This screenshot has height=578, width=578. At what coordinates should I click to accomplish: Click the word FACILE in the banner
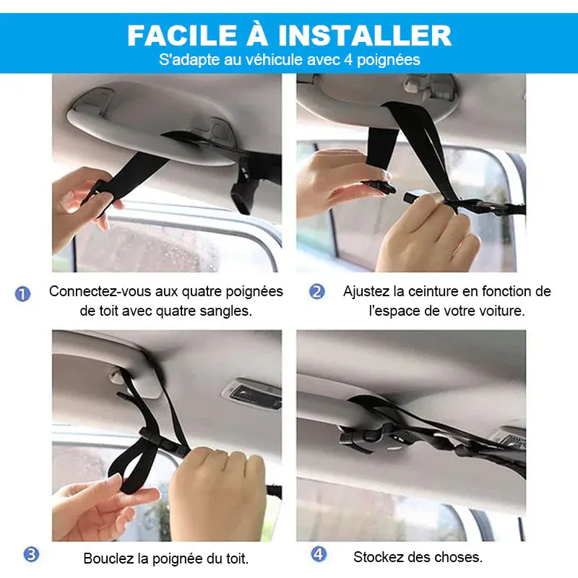[x=182, y=35]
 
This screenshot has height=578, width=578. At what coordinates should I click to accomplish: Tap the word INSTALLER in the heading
[x=365, y=35]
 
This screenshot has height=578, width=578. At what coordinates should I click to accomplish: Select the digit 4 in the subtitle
[x=349, y=60]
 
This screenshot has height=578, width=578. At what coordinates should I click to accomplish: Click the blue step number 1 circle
[x=22, y=294]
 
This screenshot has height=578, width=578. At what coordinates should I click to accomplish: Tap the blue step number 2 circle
[x=317, y=292]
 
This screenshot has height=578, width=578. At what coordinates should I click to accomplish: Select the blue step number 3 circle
[x=31, y=554]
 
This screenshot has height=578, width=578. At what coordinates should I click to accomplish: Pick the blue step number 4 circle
[x=319, y=553]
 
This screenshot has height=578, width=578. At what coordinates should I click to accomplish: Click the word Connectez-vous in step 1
[x=100, y=292]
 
